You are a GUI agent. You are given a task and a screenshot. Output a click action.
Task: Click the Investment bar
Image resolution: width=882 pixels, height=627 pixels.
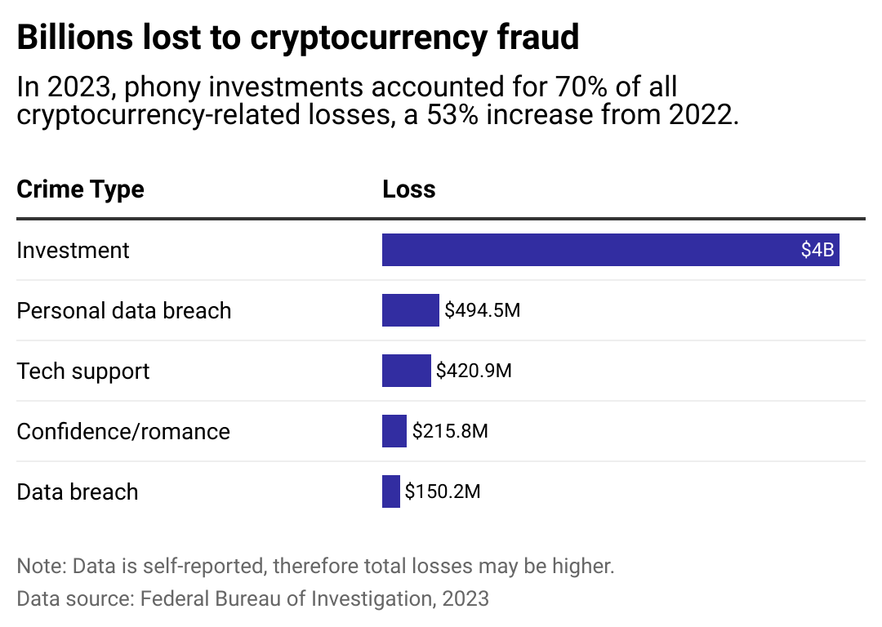[588, 250]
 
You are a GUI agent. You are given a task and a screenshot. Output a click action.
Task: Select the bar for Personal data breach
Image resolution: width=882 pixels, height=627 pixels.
[410, 310]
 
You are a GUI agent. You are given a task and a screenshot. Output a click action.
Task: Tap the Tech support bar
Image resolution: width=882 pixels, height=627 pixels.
[406, 371]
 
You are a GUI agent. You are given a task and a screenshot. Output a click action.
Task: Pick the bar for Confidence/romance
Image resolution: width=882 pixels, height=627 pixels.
[394, 431]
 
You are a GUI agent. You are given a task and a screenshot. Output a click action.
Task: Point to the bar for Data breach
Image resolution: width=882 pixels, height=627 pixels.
[390, 491]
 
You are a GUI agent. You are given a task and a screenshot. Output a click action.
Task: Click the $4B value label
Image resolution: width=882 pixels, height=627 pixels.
[817, 250]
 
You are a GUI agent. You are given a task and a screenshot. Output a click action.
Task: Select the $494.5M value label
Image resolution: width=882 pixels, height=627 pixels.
[482, 310]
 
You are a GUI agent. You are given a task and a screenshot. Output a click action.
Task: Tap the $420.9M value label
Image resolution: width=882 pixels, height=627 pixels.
[474, 371]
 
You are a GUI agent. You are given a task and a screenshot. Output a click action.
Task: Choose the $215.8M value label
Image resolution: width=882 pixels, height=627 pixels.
[450, 431]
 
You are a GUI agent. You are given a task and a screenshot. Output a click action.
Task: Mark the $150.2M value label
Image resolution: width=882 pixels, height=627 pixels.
[443, 491]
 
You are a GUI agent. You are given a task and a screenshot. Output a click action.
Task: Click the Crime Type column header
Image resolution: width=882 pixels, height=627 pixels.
[80, 189]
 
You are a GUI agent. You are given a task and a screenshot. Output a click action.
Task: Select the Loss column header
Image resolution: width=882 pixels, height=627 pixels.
[408, 189]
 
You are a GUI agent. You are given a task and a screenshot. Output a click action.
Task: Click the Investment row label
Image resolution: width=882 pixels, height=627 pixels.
[73, 250]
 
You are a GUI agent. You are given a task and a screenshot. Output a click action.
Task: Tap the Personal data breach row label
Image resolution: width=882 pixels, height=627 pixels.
[124, 310]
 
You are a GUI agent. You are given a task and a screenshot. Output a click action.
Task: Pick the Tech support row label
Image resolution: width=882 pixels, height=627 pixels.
[83, 371]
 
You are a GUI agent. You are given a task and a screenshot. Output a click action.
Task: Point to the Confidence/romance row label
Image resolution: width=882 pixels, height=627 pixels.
[123, 431]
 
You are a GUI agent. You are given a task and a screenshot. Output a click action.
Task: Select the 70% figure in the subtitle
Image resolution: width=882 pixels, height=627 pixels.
[528, 87]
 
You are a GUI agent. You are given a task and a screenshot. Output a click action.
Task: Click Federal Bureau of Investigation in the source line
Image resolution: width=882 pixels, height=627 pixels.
[286, 598]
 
